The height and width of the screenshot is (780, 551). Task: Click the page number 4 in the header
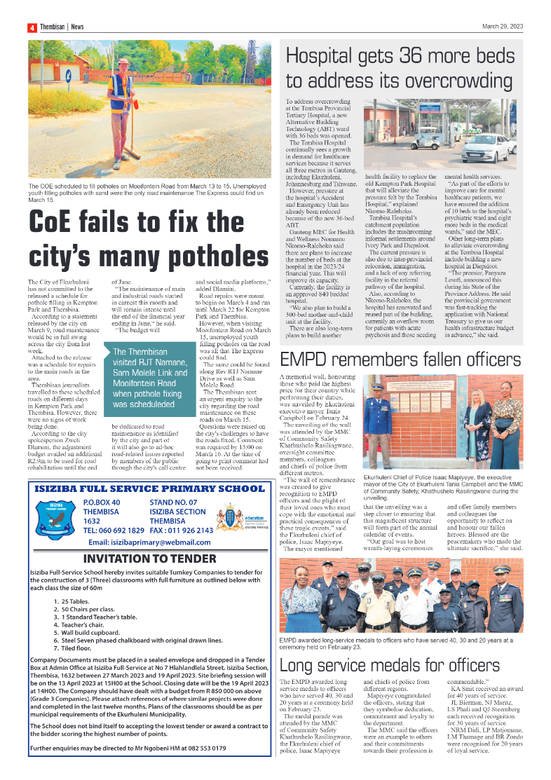click(x=32, y=27)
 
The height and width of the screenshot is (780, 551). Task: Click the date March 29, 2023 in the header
click(x=502, y=27)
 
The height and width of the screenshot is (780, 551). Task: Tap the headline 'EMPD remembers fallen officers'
click(x=400, y=360)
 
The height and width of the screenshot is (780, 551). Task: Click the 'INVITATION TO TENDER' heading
click(x=159, y=559)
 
